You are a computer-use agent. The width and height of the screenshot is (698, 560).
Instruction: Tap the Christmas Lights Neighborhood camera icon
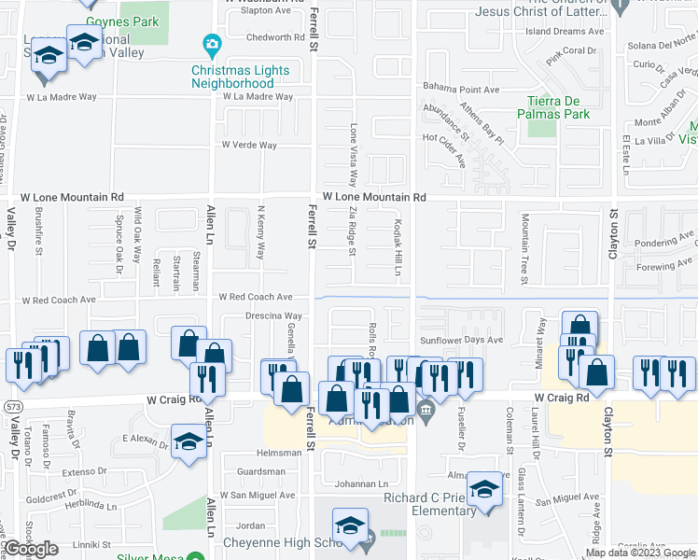tap(212, 44)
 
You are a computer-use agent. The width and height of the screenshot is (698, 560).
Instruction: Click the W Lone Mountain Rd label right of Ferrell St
tap(374, 198)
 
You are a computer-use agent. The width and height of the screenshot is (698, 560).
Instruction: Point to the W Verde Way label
tap(249, 146)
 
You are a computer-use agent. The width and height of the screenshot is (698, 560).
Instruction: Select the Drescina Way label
tap(273, 316)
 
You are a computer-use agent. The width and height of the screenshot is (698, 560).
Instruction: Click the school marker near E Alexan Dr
tap(188, 440)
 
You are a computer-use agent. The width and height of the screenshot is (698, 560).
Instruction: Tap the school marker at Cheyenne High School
tap(351, 525)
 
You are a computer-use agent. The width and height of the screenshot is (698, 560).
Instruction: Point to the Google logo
tap(31, 549)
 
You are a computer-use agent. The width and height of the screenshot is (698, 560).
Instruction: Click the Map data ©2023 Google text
tap(641, 553)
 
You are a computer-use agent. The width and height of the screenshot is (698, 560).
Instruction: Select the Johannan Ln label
tap(361, 483)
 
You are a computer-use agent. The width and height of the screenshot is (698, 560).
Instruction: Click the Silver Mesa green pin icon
tap(195, 557)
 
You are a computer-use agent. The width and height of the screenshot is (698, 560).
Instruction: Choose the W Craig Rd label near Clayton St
tap(562, 398)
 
